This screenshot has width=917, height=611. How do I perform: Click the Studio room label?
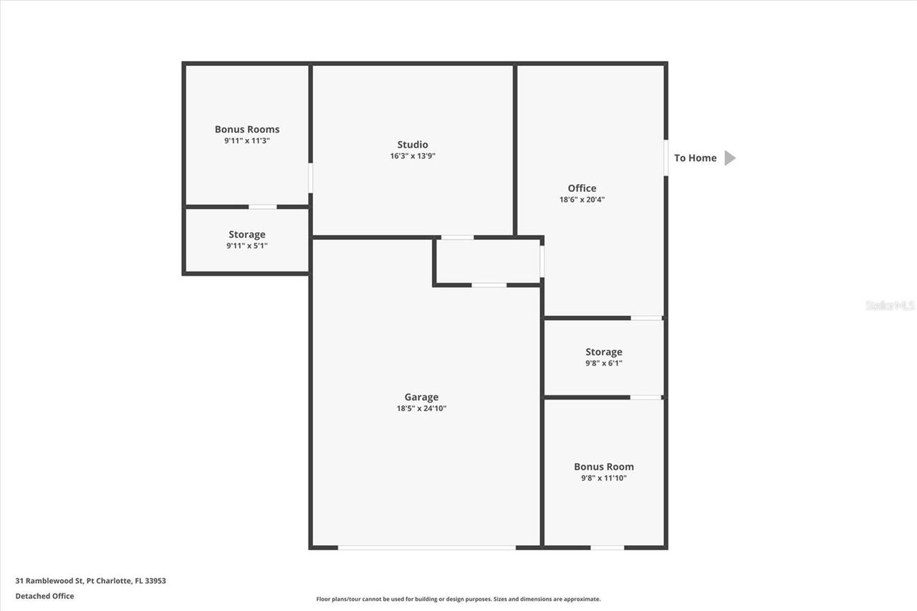(413, 145)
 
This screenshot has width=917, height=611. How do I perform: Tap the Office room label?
(582, 188)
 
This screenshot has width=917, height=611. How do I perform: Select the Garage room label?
(421, 397)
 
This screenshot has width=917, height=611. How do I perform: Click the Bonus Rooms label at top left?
(247, 129)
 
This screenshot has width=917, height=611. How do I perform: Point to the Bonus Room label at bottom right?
(604, 466)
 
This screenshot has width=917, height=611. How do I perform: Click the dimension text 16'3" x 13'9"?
(413, 156)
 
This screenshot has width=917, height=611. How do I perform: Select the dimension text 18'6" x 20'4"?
(582, 200)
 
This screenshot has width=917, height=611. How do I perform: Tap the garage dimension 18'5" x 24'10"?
(421, 408)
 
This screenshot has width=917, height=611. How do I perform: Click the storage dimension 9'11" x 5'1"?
(247, 246)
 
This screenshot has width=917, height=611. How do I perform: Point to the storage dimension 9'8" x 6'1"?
(604, 363)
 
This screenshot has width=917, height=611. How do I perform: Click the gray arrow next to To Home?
(729, 158)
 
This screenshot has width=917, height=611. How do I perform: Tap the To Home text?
(695, 158)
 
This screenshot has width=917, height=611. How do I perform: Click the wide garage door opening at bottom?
(427, 548)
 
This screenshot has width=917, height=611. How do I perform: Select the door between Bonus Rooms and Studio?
(310, 178)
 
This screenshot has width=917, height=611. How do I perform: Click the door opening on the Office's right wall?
(666, 158)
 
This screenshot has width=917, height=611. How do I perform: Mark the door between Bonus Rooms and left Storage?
(262, 206)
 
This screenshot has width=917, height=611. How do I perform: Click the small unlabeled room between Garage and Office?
(488, 261)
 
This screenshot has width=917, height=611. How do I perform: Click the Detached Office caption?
(44, 596)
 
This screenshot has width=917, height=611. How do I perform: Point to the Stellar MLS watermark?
(890, 305)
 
